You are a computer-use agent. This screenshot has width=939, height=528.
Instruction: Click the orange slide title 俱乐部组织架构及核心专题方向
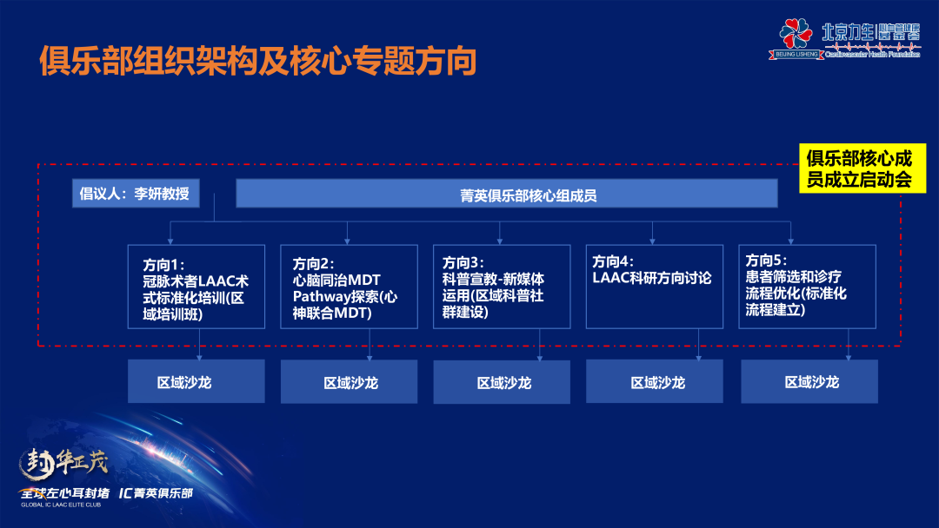pyautogui.click(x=258, y=62)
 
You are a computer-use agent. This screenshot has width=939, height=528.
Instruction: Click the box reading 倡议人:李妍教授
pyautogui.click(x=136, y=194)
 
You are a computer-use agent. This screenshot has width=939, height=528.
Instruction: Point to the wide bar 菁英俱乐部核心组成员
pyautogui.click(x=506, y=194)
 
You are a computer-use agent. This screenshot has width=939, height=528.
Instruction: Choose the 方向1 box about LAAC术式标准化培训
pyautogui.click(x=196, y=287)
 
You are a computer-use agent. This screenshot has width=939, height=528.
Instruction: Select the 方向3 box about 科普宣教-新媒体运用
pyautogui.click(x=502, y=287)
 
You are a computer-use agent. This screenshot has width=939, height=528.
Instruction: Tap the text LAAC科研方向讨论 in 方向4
pyautogui.click(x=652, y=279)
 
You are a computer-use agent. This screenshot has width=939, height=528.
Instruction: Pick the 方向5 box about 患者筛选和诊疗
pyautogui.click(x=808, y=287)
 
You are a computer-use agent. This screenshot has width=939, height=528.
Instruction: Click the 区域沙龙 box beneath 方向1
pyautogui.click(x=196, y=382)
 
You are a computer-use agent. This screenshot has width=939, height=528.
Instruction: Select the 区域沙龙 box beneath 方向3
pyautogui.click(x=502, y=382)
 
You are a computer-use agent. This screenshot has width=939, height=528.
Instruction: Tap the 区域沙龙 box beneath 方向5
pyautogui.click(x=809, y=382)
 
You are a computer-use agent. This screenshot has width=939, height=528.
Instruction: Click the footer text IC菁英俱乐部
pyautogui.click(x=156, y=493)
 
